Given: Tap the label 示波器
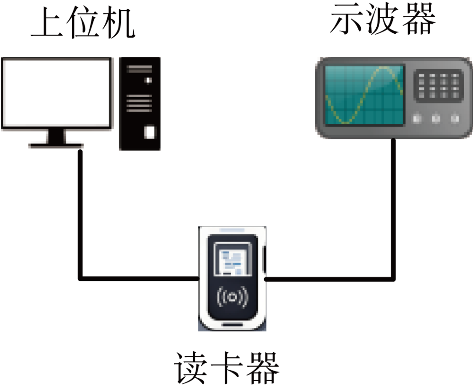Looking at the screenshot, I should [383, 19].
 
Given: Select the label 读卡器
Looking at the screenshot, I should [226, 367].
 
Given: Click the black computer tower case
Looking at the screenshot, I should [140, 103].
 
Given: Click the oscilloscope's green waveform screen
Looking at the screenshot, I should [364, 94].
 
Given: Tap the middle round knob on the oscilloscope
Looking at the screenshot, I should [436, 118].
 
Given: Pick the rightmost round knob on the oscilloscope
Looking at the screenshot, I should [455, 118].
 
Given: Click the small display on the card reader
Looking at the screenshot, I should [232, 261].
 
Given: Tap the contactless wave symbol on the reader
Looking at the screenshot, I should [233, 298].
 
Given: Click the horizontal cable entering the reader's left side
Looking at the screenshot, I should [140, 278].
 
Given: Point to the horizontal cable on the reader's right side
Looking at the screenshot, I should [328, 278].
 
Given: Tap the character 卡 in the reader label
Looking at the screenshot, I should [226, 367].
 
